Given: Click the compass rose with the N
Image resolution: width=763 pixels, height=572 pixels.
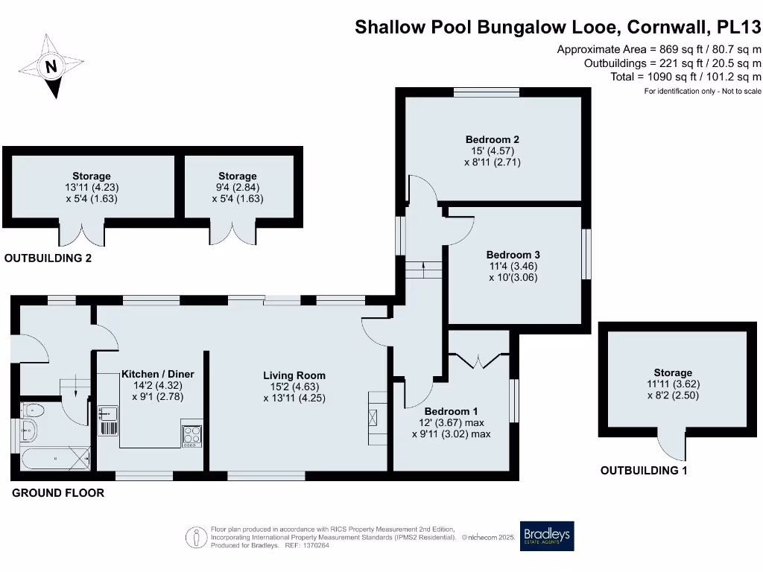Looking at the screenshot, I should point(50,66).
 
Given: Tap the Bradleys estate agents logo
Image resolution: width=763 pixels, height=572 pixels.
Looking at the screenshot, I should point(547,535).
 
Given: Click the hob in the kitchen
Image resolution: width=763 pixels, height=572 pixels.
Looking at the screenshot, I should point(191,434).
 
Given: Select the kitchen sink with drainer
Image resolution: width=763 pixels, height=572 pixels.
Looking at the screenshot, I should point(107,421).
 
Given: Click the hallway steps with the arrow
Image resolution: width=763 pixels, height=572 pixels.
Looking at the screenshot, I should point(423,269).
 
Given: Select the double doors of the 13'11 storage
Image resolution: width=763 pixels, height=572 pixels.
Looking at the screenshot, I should point(83,233).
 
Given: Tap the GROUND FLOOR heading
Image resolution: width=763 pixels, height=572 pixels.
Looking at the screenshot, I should point(57,493).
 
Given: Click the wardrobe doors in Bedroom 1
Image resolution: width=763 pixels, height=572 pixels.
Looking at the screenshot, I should point(477,360).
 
